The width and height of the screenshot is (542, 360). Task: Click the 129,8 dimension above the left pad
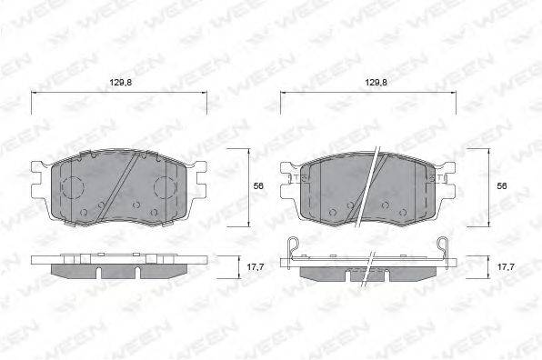click(x=121, y=83)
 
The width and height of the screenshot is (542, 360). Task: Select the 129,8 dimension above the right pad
click(x=376, y=83)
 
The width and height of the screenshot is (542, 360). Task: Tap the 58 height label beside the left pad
click(x=258, y=185)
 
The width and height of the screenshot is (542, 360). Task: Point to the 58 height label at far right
click(x=502, y=185)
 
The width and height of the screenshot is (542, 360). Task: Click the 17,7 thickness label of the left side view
click(x=256, y=266)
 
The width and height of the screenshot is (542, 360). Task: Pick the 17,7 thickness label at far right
click(x=507, y=266)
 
